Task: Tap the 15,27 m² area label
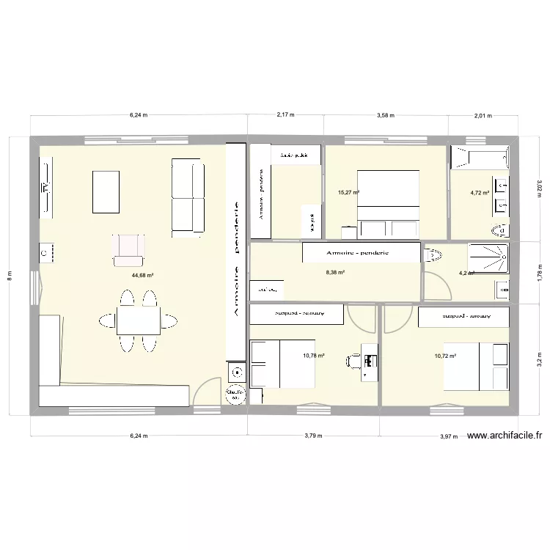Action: (348, 193)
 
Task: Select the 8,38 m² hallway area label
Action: (335, 271)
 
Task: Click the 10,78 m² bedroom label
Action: (313, 356)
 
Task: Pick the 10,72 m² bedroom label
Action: (445, 356)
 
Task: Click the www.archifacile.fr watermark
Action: (504, 435)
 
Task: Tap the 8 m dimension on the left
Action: (10, 275)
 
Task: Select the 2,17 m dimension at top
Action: (285, 115)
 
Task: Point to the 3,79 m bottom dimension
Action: (313, 436)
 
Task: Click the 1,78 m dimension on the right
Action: (539, 271)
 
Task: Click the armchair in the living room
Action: (128, 249)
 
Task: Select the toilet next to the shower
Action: (434, 255)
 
